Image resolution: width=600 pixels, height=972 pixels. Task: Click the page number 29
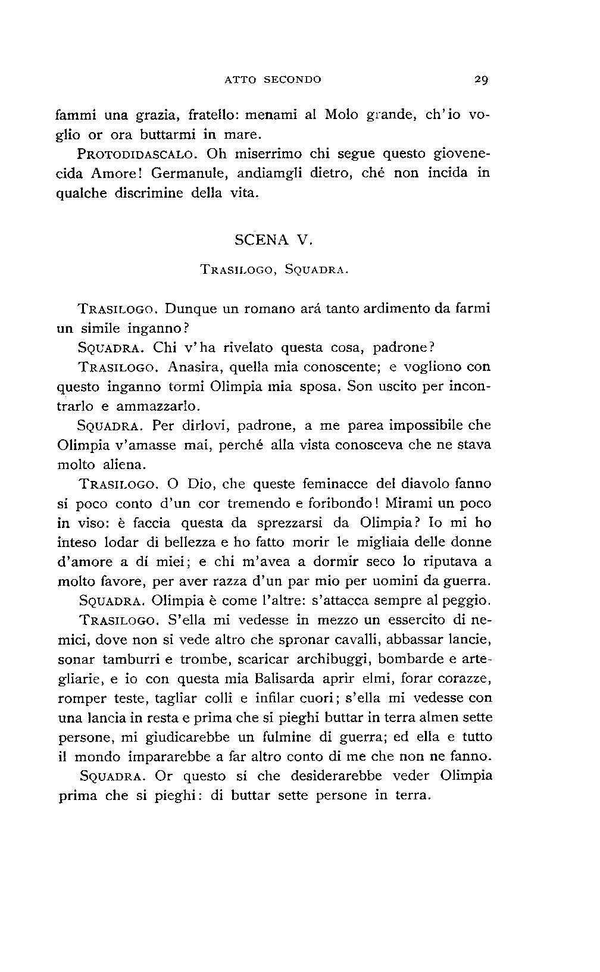pyautogui.click(x=482, y=79)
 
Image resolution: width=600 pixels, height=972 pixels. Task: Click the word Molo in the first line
pyautogui.click(x=342, y=115)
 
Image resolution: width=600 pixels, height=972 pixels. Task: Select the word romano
pyautogui.click(x=251, y=309)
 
